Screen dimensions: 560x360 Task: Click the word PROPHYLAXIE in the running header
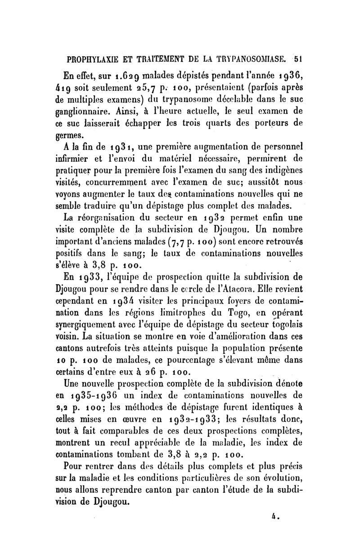point(92,58)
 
